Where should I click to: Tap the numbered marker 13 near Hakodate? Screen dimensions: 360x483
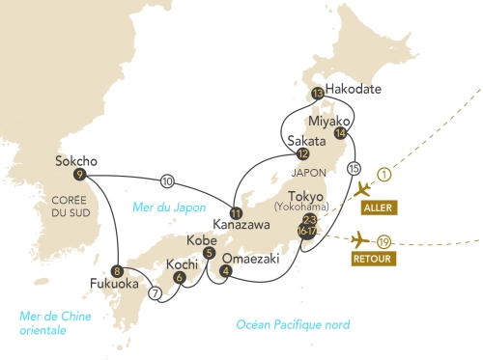pyautogui.click(x=317, y=95)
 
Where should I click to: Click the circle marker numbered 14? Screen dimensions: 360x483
pyautogui.click(x=339, y=133)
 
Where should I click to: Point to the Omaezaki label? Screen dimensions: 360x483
pyautogui.click(x=254, y=258)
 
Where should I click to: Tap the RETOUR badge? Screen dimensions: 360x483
pyautogui.click(x=373, y=260)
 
